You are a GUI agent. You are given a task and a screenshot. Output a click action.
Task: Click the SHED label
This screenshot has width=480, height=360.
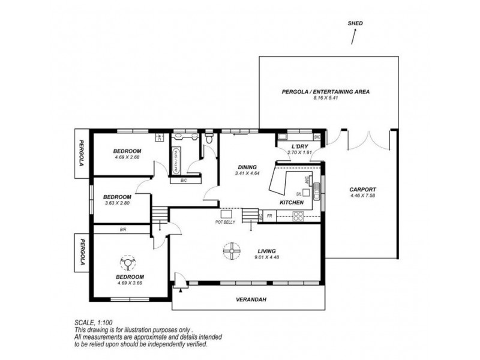[x=355, y=23]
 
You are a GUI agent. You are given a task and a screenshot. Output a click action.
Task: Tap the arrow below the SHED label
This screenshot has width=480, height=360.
[x=354, y=37]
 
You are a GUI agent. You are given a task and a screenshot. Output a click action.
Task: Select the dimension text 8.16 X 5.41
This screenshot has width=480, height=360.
[x=326, y=99]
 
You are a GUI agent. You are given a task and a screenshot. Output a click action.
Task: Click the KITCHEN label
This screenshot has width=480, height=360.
[x=292, y=203]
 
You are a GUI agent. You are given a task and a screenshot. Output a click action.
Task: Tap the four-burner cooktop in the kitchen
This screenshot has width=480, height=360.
[x=298, y=218]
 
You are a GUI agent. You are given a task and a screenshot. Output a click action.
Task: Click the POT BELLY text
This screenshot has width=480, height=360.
[x=226, y=222]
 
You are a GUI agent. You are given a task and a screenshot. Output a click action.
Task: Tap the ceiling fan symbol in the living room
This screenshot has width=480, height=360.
[x=231, y=250]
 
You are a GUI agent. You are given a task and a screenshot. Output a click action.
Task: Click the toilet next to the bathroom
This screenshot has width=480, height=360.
[x=208, y=140]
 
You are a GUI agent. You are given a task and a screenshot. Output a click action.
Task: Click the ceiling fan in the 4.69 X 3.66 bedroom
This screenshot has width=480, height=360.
[x=128, y=262]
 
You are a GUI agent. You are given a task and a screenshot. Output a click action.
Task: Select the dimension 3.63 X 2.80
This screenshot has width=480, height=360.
[x=117, y=203]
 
